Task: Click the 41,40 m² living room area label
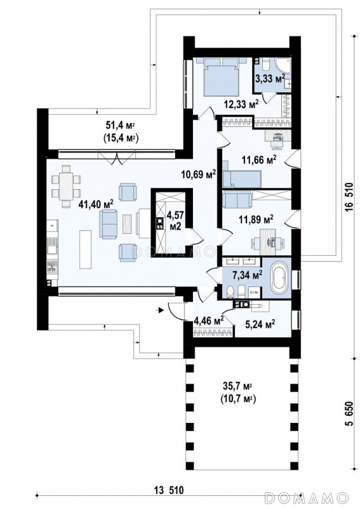[x=97, y=204]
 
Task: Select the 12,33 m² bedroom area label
[x=241, y=104]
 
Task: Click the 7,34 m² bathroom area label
[x=247, y=276]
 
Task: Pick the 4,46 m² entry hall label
[x=208, y=321]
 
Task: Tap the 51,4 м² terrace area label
[x=121, y=125]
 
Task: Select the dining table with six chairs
[x=67, y=185]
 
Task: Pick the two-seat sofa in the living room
[x=108, y=224]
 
